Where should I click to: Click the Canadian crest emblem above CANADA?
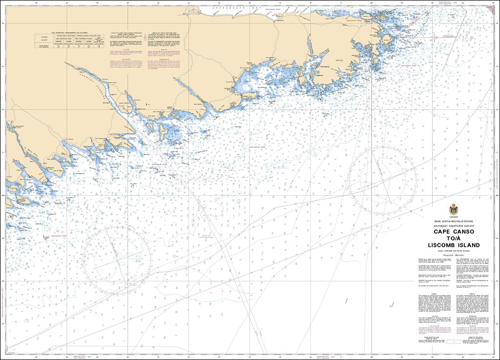pyautogui.click(x=453, y=208)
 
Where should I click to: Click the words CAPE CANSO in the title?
pyautogui.click(x=453, y=232)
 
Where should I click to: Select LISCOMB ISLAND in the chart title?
pyautogui.click(x=453, y=245)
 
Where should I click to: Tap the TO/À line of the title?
pyautogui.click(x=453, y=239)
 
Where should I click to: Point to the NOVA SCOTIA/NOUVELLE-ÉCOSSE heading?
pyautogui.click(x=453, y=221)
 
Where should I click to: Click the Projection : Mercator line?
pyautogui.click(x=453, y=255)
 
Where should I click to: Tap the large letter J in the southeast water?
pyautogui.click(x=392, y=303)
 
